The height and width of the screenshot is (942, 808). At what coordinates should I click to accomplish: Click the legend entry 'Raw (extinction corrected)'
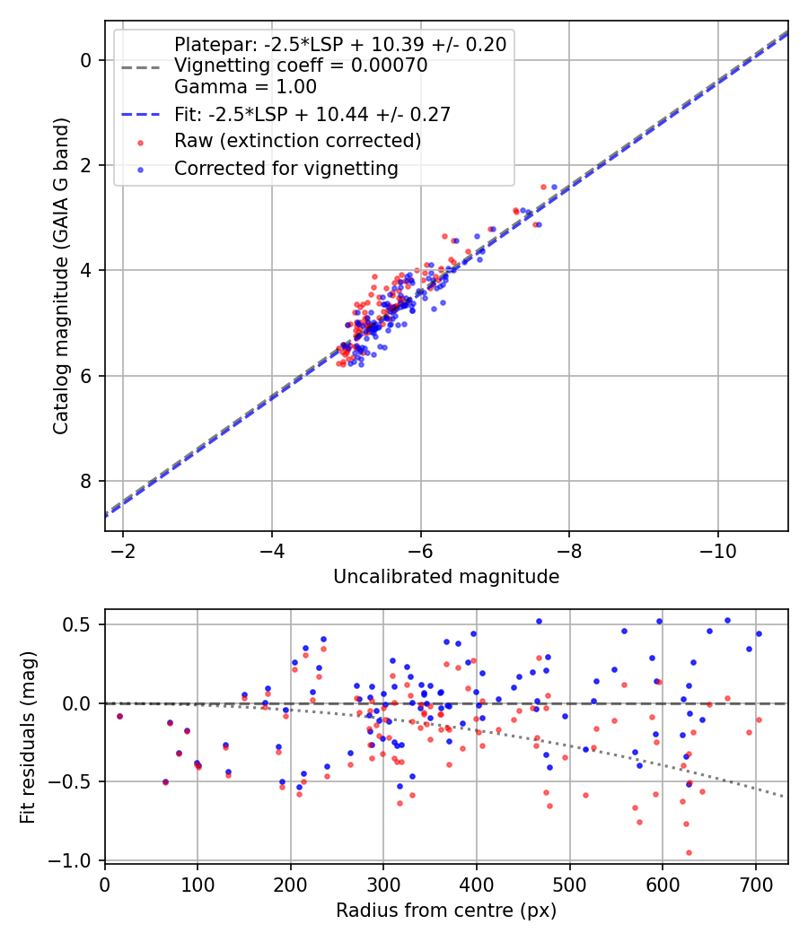click(x=297, y=141)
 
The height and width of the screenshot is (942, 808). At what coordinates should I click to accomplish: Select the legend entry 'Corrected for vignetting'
click(x=285, y=168)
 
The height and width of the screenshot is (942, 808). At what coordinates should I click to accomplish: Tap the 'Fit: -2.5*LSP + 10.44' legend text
click(x=312, y=114)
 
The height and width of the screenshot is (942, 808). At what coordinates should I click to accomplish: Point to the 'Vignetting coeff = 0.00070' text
click(x=301, y=65)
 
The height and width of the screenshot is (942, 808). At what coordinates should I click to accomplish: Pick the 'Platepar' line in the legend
click(x=340, y=44)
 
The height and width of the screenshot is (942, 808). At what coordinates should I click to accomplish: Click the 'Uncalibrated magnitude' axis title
click(x=446, y=577)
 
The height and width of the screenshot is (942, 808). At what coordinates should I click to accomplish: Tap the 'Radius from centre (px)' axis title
click(x=446, y=911)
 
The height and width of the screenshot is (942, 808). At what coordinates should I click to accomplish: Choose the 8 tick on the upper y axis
click(x=86, y=481)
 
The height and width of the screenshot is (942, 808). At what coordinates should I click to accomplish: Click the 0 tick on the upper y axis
click(x=86, y=60)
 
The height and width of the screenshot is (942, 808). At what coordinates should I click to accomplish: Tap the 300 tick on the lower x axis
click(x=383, y=884)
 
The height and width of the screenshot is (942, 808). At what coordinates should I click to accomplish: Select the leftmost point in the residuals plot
click(x=119, y=716)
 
